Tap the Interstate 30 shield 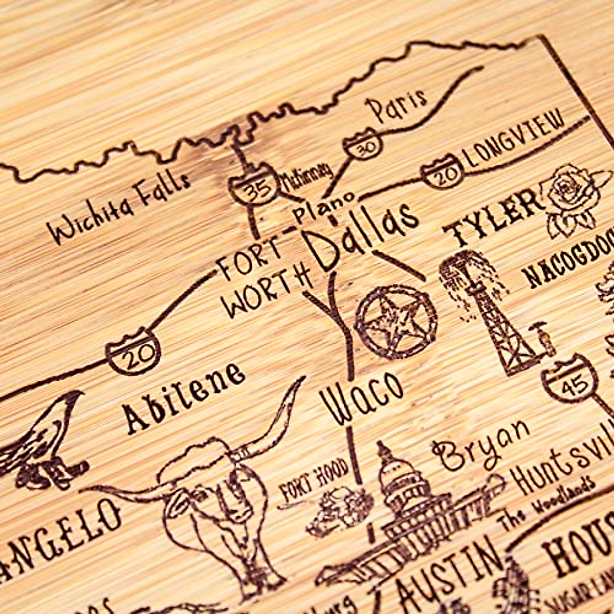363,145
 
